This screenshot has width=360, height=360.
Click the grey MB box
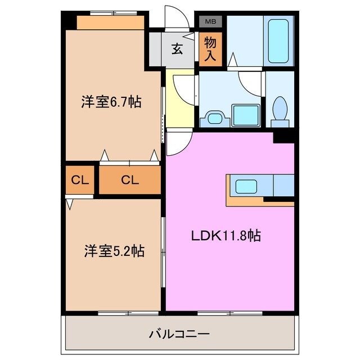coord(210,22)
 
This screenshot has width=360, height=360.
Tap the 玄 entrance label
coord(177,49)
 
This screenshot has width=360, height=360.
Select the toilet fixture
coord(279,109)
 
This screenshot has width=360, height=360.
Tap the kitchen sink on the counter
coord(246,186)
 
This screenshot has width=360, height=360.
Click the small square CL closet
coord(79,181)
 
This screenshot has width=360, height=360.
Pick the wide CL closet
coord(129,181)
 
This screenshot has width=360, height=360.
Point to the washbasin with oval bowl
coord(215,118)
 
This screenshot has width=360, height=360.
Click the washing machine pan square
coord(246,115)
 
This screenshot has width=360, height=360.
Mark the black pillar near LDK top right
coord(283,135)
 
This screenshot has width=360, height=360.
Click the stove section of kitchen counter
coord(283,185)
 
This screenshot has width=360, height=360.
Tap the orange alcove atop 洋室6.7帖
coord(110,22)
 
